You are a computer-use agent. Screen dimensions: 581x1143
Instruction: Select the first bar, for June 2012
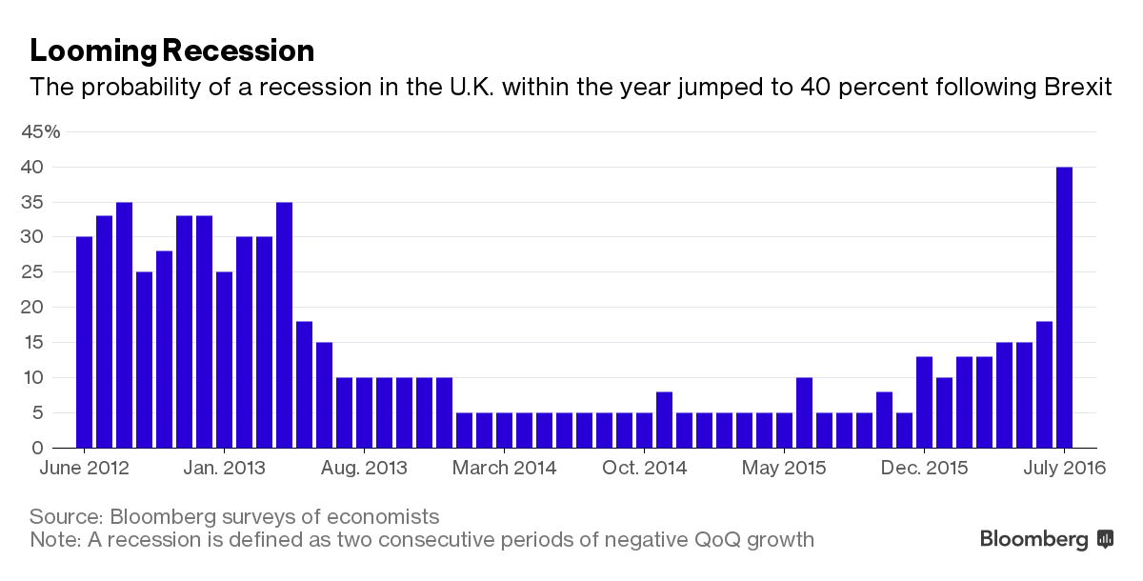(x=84, y=343)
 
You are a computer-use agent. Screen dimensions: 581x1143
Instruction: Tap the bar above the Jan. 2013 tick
(x=224, y=361)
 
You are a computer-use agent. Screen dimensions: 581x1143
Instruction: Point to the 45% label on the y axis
(x=41, y=132)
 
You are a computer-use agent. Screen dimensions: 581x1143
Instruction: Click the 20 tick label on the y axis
(x=34, y=308)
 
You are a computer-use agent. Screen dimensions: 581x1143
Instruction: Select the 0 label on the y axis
(x=39, y=448)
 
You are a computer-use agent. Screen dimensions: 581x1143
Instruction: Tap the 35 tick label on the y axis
(x=34, y=202)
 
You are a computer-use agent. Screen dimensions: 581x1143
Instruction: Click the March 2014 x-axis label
(x=504, y=468)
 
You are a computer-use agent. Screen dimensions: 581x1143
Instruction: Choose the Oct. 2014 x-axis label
(x=644, y=468)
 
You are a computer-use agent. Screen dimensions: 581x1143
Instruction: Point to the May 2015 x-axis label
(x=784, y=468)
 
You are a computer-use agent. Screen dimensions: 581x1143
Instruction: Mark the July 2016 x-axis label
(x=1064, y=468)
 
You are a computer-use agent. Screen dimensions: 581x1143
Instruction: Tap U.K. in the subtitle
(x=457, y=88)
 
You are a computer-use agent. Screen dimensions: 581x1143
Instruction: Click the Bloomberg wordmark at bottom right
(x=1033, y=539)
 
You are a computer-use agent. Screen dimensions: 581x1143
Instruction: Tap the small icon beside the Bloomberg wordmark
(x=1105, y=539)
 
